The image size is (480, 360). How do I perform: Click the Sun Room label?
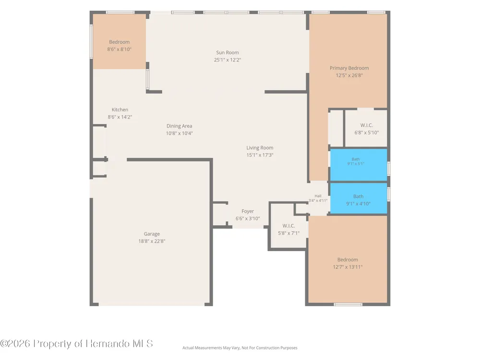coord(227,53)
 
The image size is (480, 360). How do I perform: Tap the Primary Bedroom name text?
coord(349,68)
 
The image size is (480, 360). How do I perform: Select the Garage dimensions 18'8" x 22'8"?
coord(152,241)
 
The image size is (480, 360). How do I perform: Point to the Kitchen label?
coord(120,109)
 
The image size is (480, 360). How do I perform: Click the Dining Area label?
coord(179,126)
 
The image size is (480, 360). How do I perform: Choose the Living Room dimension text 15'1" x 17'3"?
coord(260,155)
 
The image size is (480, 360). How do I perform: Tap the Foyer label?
coord(247,211)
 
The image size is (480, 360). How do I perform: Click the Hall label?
coord(318,196)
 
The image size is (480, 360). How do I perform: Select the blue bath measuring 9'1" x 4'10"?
coord(358,198)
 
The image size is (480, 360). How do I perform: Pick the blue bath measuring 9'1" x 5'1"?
coord(358,165)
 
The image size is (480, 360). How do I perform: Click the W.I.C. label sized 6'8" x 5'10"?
coord(366,125)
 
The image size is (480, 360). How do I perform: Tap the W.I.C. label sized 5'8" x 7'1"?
coord(288,226)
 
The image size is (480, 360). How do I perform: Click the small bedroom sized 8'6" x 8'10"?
coord(119,42)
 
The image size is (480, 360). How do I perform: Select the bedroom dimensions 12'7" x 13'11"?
coord(348,267)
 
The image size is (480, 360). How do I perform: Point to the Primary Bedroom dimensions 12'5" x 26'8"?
coord(349,76)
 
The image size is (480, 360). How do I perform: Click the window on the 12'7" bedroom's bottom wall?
coord(348,304)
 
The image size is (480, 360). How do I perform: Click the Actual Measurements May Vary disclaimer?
coord(240,348)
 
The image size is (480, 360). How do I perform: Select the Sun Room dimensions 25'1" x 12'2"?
coord(227,60)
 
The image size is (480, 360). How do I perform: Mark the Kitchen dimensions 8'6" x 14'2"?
coord(120,117)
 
